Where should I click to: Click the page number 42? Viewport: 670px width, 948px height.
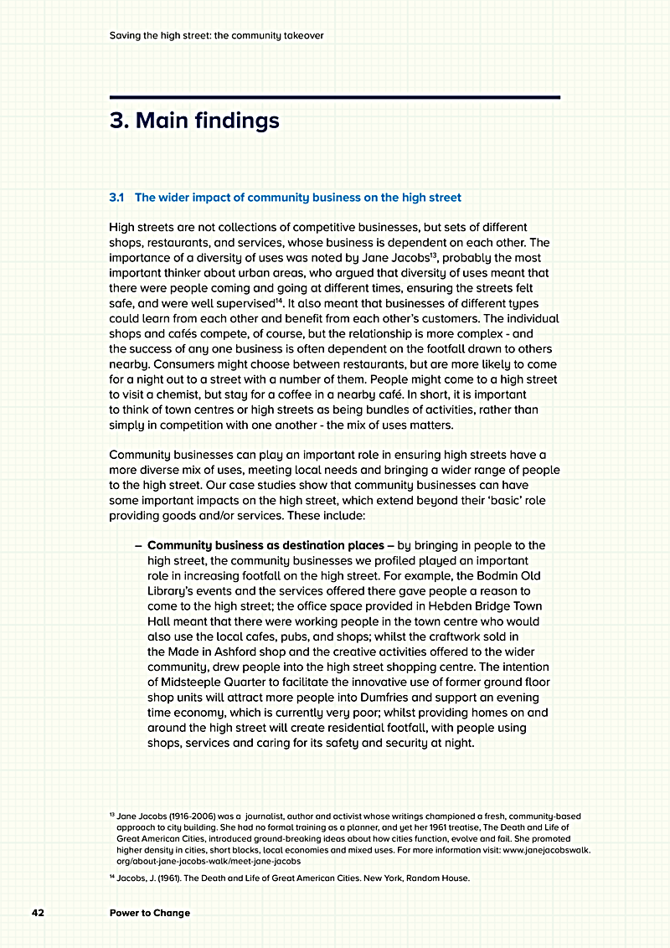coord(38,913)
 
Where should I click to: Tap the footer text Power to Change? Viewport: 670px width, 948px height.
coord(150,913)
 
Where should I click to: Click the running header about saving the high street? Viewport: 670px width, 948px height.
coord(216,36)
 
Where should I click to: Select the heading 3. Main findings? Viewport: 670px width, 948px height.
coord(194,121)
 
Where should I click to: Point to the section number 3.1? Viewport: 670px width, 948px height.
coord(117,198)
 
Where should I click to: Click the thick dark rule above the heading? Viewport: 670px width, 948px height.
coord(334,98)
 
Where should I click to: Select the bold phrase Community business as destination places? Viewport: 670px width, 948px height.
coord(265,545)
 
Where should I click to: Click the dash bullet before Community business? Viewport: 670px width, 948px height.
coord(137,545)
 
